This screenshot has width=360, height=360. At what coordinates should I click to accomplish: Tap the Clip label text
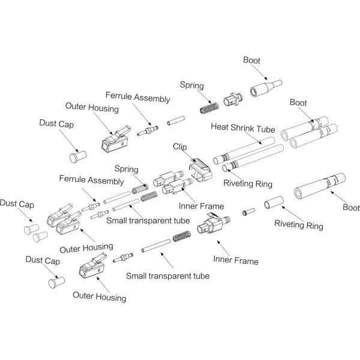pyautogui.click(x=182, y=146)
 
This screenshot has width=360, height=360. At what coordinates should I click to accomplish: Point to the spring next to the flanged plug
pyautogui.click(x=209, y=106)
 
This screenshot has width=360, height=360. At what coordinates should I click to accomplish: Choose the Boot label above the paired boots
pyautogui.click(x=298, y=103)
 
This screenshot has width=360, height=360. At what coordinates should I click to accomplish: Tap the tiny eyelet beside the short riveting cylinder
pyautogui.click(x=246, y=212)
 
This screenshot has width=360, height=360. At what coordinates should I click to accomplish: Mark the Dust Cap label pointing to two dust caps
pyautogui.click(x=17, y=203)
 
